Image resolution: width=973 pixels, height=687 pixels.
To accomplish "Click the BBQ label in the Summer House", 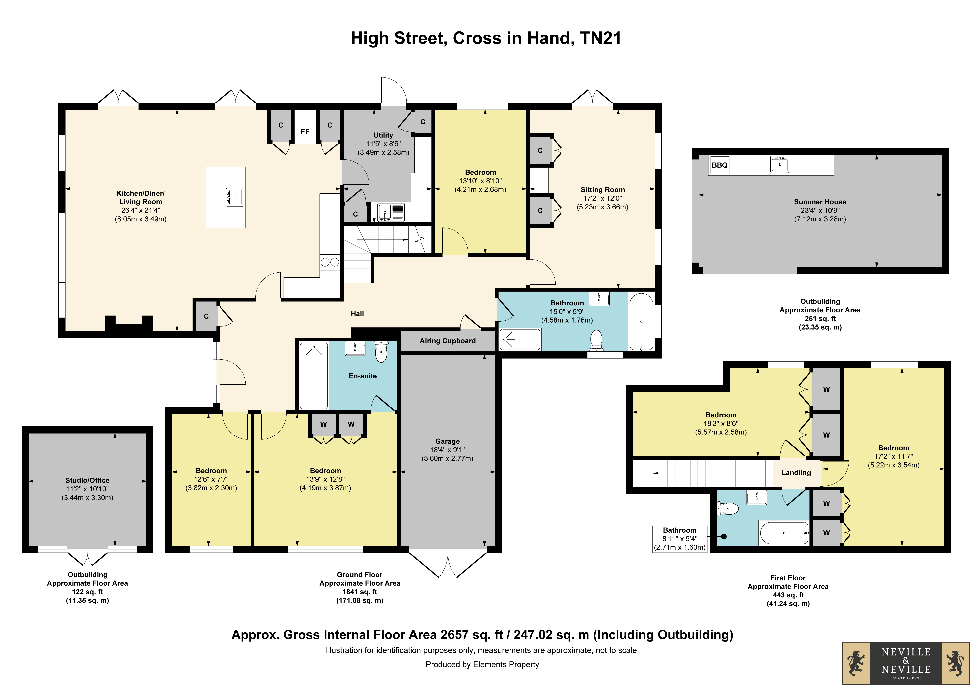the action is pos(720,165).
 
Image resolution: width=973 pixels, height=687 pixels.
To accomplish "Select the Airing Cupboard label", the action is pos(447,341).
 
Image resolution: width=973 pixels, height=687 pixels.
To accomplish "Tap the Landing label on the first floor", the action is pos(796,473).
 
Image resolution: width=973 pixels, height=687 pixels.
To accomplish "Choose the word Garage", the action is pos(447,441).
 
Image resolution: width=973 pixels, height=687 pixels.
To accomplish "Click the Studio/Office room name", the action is pos(87,480).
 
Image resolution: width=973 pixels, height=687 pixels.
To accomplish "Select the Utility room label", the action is pos(383,135).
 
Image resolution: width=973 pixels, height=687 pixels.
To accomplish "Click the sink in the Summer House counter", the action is pos(780,164).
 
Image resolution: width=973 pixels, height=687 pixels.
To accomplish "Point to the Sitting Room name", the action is pos(603,190).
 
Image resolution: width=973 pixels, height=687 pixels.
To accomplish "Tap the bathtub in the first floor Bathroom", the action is pos(784,533).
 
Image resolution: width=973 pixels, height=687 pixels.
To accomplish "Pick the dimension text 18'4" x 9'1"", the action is pos(447,450).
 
